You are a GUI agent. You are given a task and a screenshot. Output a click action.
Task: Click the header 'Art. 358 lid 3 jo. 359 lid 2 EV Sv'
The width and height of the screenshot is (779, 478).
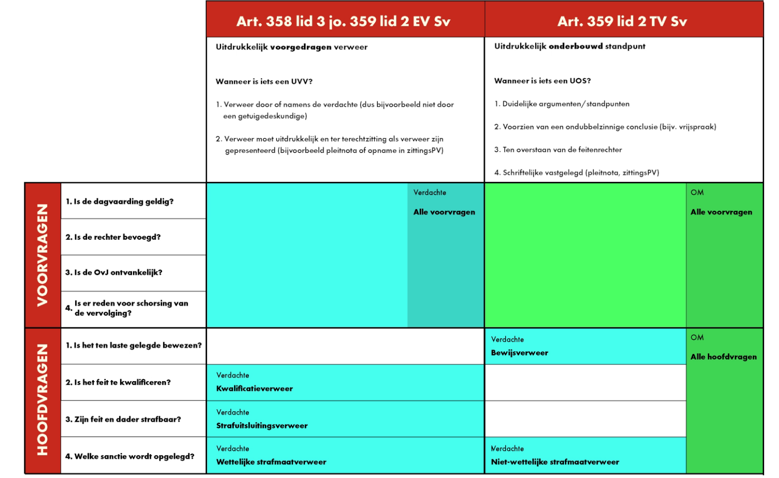tap(343, 21)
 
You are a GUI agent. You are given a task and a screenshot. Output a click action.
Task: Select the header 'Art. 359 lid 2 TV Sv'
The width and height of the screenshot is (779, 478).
tap(622, 21)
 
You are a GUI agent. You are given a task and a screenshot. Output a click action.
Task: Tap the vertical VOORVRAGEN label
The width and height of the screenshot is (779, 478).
tap(43, 255)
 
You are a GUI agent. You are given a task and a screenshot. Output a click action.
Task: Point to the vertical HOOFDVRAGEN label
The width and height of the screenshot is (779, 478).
tap(43, 399)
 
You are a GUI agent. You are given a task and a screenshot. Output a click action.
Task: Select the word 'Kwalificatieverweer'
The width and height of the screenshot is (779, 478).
tap(254, 389)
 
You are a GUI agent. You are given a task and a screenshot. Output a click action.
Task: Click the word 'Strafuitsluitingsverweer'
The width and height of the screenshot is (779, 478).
tap(261, 426)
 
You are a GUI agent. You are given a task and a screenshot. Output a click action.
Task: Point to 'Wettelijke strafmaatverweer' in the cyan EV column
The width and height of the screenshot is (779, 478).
tap(271, 462)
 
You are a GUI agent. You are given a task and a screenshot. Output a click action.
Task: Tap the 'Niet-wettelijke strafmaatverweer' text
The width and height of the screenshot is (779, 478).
tap(555, 462)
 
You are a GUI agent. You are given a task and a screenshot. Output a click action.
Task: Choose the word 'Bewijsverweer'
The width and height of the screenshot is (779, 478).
tap(519, 353)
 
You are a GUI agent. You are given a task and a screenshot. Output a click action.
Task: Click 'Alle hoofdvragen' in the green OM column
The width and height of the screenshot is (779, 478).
tap(723, 357)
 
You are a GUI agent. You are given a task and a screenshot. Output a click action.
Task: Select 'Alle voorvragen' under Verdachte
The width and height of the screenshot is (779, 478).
tap(444, 212)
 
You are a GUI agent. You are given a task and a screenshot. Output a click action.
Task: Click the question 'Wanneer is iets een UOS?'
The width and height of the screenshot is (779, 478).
tap(542, 81)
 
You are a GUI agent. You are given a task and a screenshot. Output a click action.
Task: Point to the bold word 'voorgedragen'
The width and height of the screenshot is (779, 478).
tap(301, 47)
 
